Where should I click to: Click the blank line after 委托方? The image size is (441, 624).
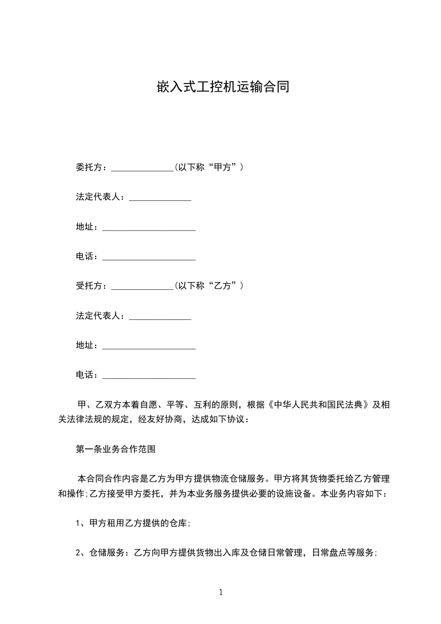click(143, 168)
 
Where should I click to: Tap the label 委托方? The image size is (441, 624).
click(88, 167)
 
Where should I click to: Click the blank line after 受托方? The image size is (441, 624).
click(143, 287)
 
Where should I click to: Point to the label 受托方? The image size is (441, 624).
click(88, 286)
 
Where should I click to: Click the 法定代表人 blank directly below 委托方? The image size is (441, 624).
click(160, 198)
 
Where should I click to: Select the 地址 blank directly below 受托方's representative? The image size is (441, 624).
click(149, 347)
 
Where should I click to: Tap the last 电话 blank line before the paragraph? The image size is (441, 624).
click(149, 377)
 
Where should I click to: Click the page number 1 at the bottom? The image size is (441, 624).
click(221, 593)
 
